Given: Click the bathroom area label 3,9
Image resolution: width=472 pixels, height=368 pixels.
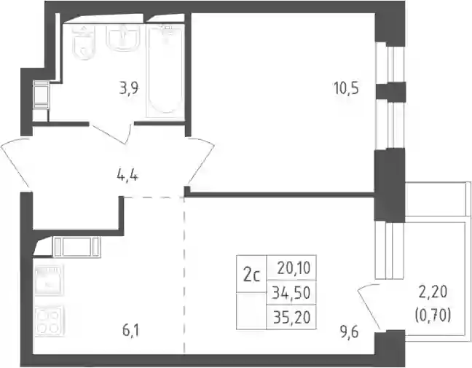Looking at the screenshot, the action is (x=129, y=89).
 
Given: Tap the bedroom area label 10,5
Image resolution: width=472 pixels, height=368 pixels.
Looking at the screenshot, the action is (x=346, y=88).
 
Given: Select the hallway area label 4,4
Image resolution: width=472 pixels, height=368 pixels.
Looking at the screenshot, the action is (x=127, y=176).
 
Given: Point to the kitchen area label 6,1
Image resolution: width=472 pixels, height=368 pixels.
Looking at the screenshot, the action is (x=131, y=331).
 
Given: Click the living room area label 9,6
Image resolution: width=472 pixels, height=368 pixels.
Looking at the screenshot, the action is (x=350, y=333).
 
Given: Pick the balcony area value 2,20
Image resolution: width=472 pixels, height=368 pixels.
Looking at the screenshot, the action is (x=433, y=292).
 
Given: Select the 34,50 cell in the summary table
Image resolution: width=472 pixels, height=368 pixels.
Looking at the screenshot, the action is (x=291, y=293).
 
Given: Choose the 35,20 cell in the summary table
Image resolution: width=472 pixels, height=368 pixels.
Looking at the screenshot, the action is (x=291, y=318).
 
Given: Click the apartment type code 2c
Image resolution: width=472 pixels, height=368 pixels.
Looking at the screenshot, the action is (x=251, y=276).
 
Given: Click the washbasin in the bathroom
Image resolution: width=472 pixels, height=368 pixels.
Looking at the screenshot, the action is (x=123, y=37).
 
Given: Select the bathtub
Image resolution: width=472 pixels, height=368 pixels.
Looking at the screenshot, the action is (x=165, y=71).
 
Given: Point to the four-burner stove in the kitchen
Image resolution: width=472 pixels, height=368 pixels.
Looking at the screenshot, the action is (x=50, y=321).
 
